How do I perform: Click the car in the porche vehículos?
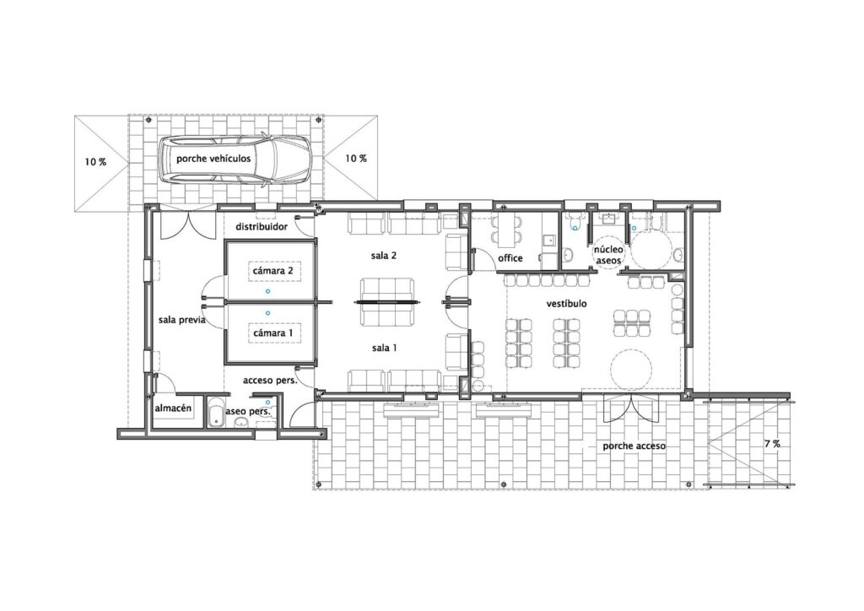click(235, 160)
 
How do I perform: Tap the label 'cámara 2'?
click(277, 271)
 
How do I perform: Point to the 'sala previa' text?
click(181, 320)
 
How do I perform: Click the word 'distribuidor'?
click(262, 226)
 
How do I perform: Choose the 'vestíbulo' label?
click(566, 304)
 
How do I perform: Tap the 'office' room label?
click(510, 258)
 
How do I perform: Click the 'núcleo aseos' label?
click(609, 255)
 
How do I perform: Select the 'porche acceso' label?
click(634, 446)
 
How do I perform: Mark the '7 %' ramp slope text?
click(772, 444)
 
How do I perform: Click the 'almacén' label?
click(173, 408)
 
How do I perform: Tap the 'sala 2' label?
click(384, 255)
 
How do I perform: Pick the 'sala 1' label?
click(384, 348)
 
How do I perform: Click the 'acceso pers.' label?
click(270, 380)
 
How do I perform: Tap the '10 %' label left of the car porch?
click(95, 162)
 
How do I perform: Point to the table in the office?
click(505, 231)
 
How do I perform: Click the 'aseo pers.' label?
click(248, 411)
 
